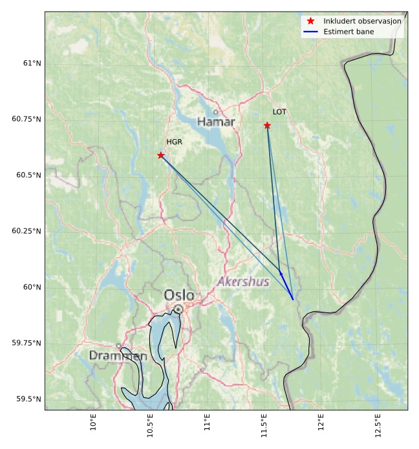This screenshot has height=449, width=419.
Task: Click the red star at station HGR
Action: pos(161,155)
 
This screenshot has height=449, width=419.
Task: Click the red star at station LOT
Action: pos(267,125)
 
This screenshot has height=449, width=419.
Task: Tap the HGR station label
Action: pos(174,142)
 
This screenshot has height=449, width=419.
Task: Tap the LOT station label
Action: pos(279,112)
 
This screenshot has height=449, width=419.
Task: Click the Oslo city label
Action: pos(178,295)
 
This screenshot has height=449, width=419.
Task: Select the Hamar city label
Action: pos(216,122)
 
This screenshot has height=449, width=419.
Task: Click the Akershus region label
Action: pos(242,282)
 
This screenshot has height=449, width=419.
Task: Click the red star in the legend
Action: pos(310,21)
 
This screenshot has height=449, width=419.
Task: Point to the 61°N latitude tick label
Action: pos(31,63)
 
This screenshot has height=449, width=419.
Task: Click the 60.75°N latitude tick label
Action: pos(26,119)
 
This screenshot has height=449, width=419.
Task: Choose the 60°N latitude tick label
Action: pos(31,287)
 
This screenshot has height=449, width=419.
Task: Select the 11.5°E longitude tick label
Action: pos(263,424)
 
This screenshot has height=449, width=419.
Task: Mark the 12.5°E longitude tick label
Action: pos(376,424)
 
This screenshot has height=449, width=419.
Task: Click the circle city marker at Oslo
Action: pos(178,309)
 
